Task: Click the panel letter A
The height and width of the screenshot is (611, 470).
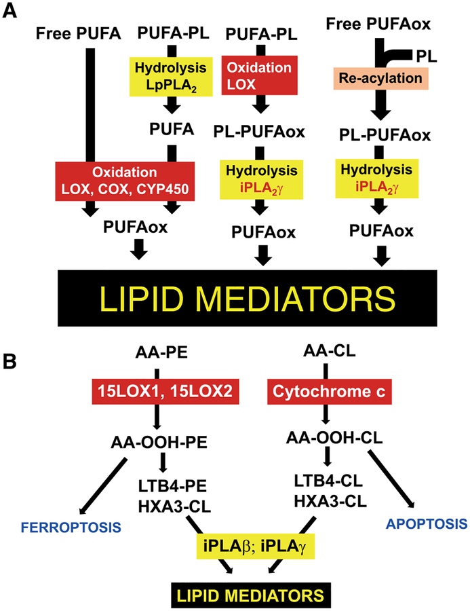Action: pos(12,14)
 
